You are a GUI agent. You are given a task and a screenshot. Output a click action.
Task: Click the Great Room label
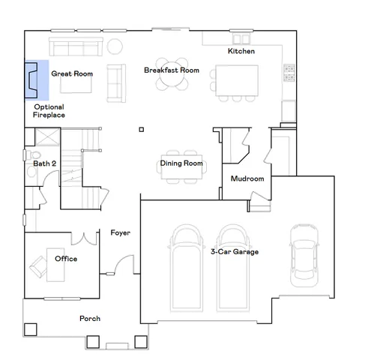click(71, 74)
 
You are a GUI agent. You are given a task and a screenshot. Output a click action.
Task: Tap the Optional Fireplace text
click(49, 111)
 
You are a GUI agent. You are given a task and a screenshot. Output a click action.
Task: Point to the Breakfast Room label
click(172, 70)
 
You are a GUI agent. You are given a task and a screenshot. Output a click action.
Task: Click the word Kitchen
click(241, 51)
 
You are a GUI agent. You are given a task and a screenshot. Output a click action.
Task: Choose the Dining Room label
click(181, 163)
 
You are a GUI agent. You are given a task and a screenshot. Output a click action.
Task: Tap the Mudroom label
click(247, 179)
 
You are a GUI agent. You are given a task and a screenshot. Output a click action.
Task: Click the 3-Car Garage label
click(235, 251)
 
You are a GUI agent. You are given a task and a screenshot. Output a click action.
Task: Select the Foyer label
click(121, 232)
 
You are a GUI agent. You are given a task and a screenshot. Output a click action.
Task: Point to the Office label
click(66, 259)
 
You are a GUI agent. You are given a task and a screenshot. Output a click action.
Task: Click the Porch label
click(90, 319)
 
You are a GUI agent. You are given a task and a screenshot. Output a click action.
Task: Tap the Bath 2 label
click(44, 163)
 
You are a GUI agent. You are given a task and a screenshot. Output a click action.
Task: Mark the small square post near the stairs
click(141, 130)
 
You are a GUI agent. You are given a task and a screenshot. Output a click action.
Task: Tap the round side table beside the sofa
click(115, 46)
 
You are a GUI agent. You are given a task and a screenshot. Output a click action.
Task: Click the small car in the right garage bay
click(304, 252)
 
